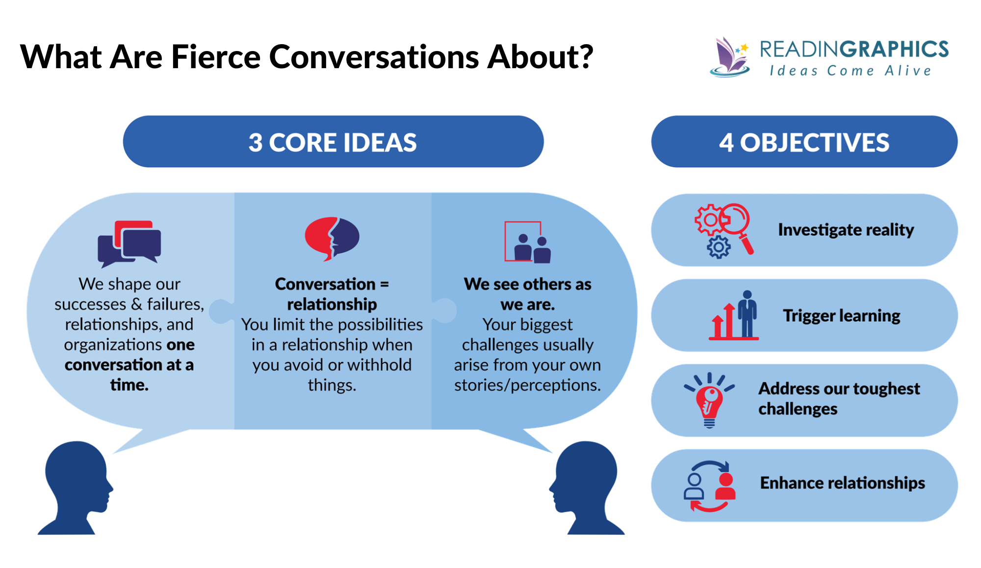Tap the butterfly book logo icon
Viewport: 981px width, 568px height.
[x=730, y=58]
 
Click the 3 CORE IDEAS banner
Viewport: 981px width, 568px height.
[x=333, y=142]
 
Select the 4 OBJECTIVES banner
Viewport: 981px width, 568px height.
[x=804, y=142]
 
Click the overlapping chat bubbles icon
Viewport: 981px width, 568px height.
[x=129, y=243]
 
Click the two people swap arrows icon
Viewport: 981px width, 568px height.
[x=710, y=486]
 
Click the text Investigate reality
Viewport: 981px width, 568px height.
[x=846, y=230]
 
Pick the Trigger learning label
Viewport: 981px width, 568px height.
[x=841, y=315]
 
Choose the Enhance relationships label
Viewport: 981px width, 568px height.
[x=842, y=483]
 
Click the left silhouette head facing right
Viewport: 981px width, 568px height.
[x=77, y=486]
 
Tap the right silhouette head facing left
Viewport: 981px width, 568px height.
[x=586, y=486]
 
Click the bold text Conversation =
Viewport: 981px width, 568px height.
[x=332, y=284]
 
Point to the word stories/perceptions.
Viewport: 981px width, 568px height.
[x=527, y=385]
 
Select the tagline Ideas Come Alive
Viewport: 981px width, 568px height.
[x=850, y=71]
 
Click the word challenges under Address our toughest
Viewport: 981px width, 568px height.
[x=798, y=409]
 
